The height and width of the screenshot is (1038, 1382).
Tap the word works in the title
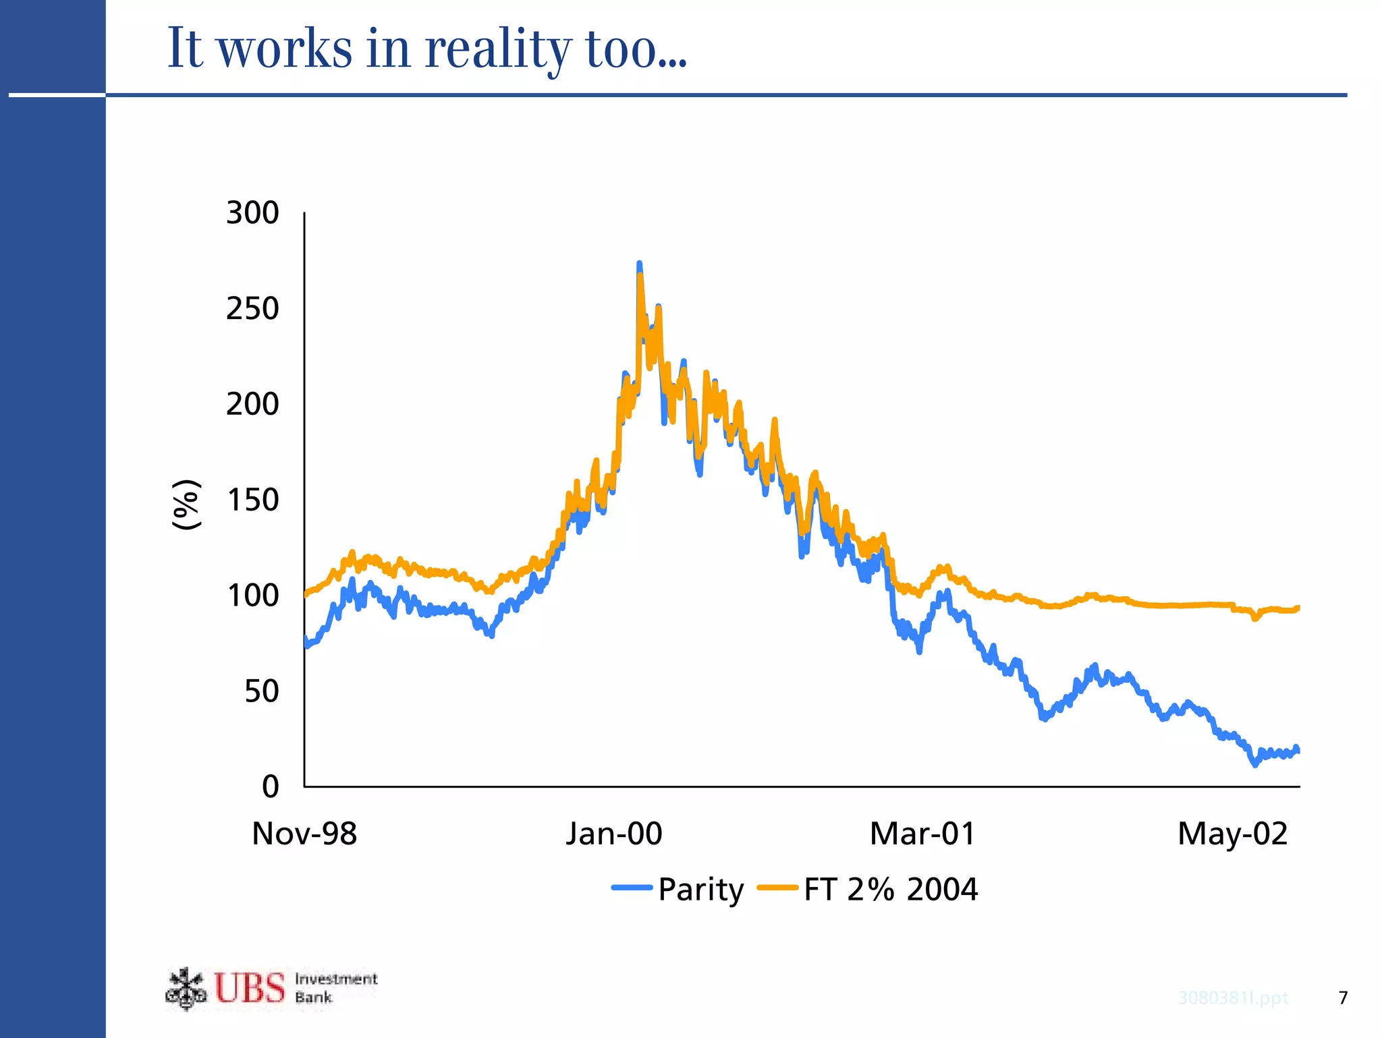pos(285,49)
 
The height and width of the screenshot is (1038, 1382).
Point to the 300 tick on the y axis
pos(252,213)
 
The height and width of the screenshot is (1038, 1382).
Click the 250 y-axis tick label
pos(252,309)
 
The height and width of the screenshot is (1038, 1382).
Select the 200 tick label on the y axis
pos(252,405)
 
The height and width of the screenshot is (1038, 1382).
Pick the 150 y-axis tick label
pos(252,500)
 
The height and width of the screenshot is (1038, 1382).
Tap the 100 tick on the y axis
pos(252,596)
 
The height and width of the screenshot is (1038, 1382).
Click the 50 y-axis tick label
pos(261,692)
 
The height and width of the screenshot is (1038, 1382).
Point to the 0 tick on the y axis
pos(270,787)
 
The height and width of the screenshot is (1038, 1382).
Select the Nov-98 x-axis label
pos(304,834)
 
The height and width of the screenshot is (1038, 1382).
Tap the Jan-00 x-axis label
pos(614,834)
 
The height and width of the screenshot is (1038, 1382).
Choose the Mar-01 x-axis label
pos(922,834)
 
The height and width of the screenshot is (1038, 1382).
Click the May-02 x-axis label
pos(1232,834)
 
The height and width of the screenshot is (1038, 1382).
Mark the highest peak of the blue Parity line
pos(639,264)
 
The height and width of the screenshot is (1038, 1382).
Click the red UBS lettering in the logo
pos(250,989)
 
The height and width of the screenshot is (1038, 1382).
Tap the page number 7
pos(1343,998)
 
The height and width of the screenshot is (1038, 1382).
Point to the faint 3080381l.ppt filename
pos(1233,998)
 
